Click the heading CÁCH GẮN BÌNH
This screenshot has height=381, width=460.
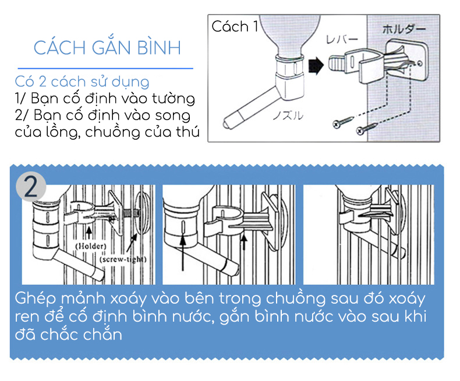pos(107,47)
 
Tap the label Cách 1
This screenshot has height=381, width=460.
pos(235,26)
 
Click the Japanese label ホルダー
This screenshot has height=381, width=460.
pos(404,29)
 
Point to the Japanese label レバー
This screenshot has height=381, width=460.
pos(342,40)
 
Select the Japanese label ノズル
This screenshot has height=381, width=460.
pos(288,116)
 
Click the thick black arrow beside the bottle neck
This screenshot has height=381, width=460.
pos(316,65)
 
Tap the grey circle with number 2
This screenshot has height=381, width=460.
pos(31,186)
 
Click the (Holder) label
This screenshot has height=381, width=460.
pos(91,246)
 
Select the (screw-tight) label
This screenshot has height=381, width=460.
pos(123,259)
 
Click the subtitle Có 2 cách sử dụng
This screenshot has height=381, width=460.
pos(82,82)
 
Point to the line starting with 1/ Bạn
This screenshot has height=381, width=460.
pos(105,98)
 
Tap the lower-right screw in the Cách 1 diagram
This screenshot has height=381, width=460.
pos(367,129)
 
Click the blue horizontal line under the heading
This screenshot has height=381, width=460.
pos(105,69)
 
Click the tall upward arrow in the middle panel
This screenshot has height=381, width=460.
pos(183,253)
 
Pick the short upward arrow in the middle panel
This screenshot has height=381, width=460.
pos(244,242)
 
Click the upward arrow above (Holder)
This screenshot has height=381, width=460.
pos(89,233)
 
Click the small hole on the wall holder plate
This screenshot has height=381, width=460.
pos(420,63)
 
